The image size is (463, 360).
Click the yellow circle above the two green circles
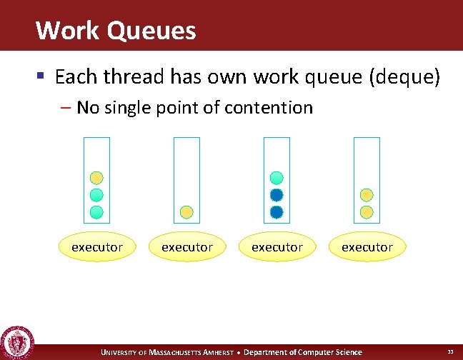pyautogui.click(x=96, y=178)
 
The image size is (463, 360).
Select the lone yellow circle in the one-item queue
pyautogui.click(x=186, y=211)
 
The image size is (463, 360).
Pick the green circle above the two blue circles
pyautogui.click(x=277, y=178)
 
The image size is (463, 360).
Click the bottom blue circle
pyautogui.click(x=277, y=211)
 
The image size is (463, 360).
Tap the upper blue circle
pyautogui.click(x=277, y=194)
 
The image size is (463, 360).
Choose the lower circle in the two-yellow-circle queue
pyautogui.click(x=367, y=211)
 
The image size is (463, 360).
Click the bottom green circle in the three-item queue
pyautogui.click(x=96, y=211)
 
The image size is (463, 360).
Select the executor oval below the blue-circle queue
pyautogui.click(x=277, y=247)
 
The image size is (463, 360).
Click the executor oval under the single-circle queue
pyautogui.click(x=186, y=247)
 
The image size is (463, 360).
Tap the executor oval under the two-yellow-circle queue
pyautogui.click(x=367, y=247)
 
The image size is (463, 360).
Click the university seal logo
pyautogui.click(x=17, y=342)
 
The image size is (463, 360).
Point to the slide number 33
pyautogui.click(x=450, y=352)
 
